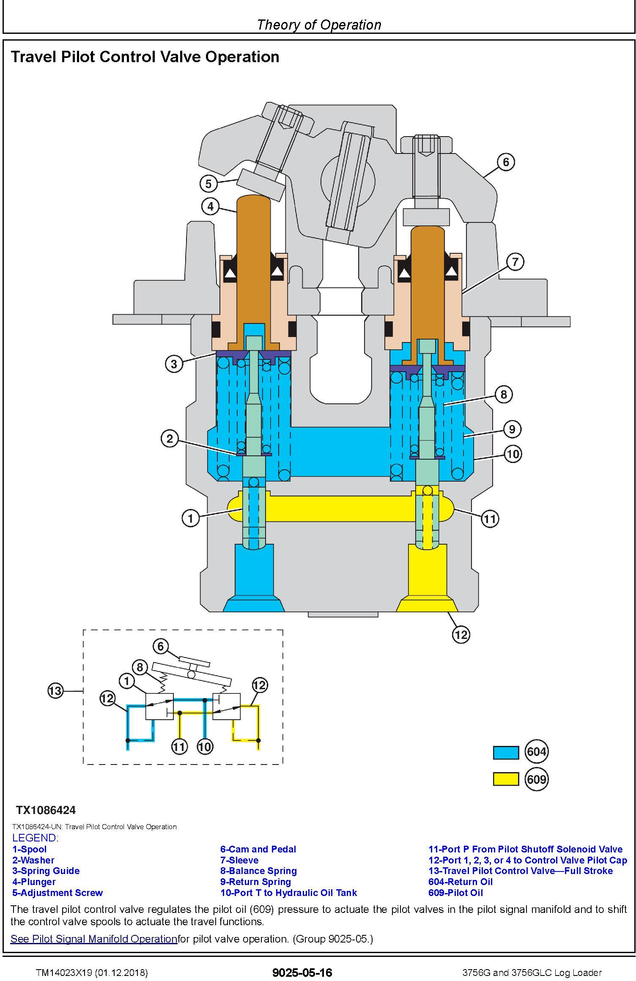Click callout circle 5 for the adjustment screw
pos(208,184)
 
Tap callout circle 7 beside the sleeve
pos(515,262)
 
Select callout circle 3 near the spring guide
pos(174,364)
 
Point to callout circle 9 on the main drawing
pos(512,429)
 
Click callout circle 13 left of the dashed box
pos(55,691)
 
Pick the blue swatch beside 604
pos(506,753)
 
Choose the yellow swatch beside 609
pos(506,779)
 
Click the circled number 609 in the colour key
pos(536,779)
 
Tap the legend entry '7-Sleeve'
pos(239,860)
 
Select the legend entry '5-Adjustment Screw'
pos(58,893)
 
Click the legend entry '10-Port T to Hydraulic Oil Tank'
pos(289,893)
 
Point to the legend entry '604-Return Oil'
pos(461,882)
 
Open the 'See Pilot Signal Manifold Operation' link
pos(93,939)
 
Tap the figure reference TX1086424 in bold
pos(46,810)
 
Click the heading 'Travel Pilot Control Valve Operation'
pos(145,57)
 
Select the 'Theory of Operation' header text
pos(319,25)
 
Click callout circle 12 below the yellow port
pos(461,634)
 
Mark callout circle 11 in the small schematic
pos(179,747)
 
